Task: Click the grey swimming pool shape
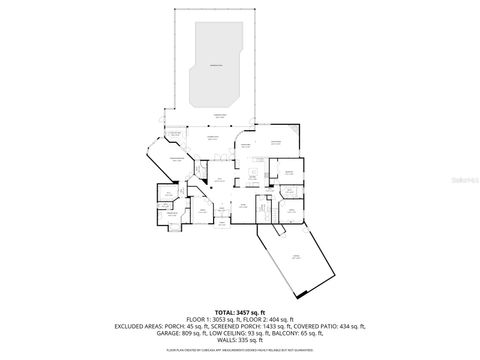point(215,68)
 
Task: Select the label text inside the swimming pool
point(215,66)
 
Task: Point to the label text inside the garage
point(296,257)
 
